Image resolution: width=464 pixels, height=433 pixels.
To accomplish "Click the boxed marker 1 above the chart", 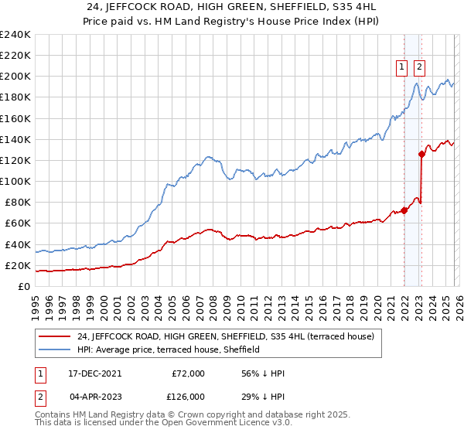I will coord(403,67).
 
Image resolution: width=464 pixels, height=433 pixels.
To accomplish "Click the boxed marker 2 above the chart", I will coord(419,67).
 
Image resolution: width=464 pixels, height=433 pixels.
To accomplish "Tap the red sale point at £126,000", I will coord(421,154).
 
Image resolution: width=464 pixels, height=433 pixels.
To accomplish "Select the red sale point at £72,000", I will coord(404,210).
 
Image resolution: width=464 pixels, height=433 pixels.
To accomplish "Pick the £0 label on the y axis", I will coord(24,286).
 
